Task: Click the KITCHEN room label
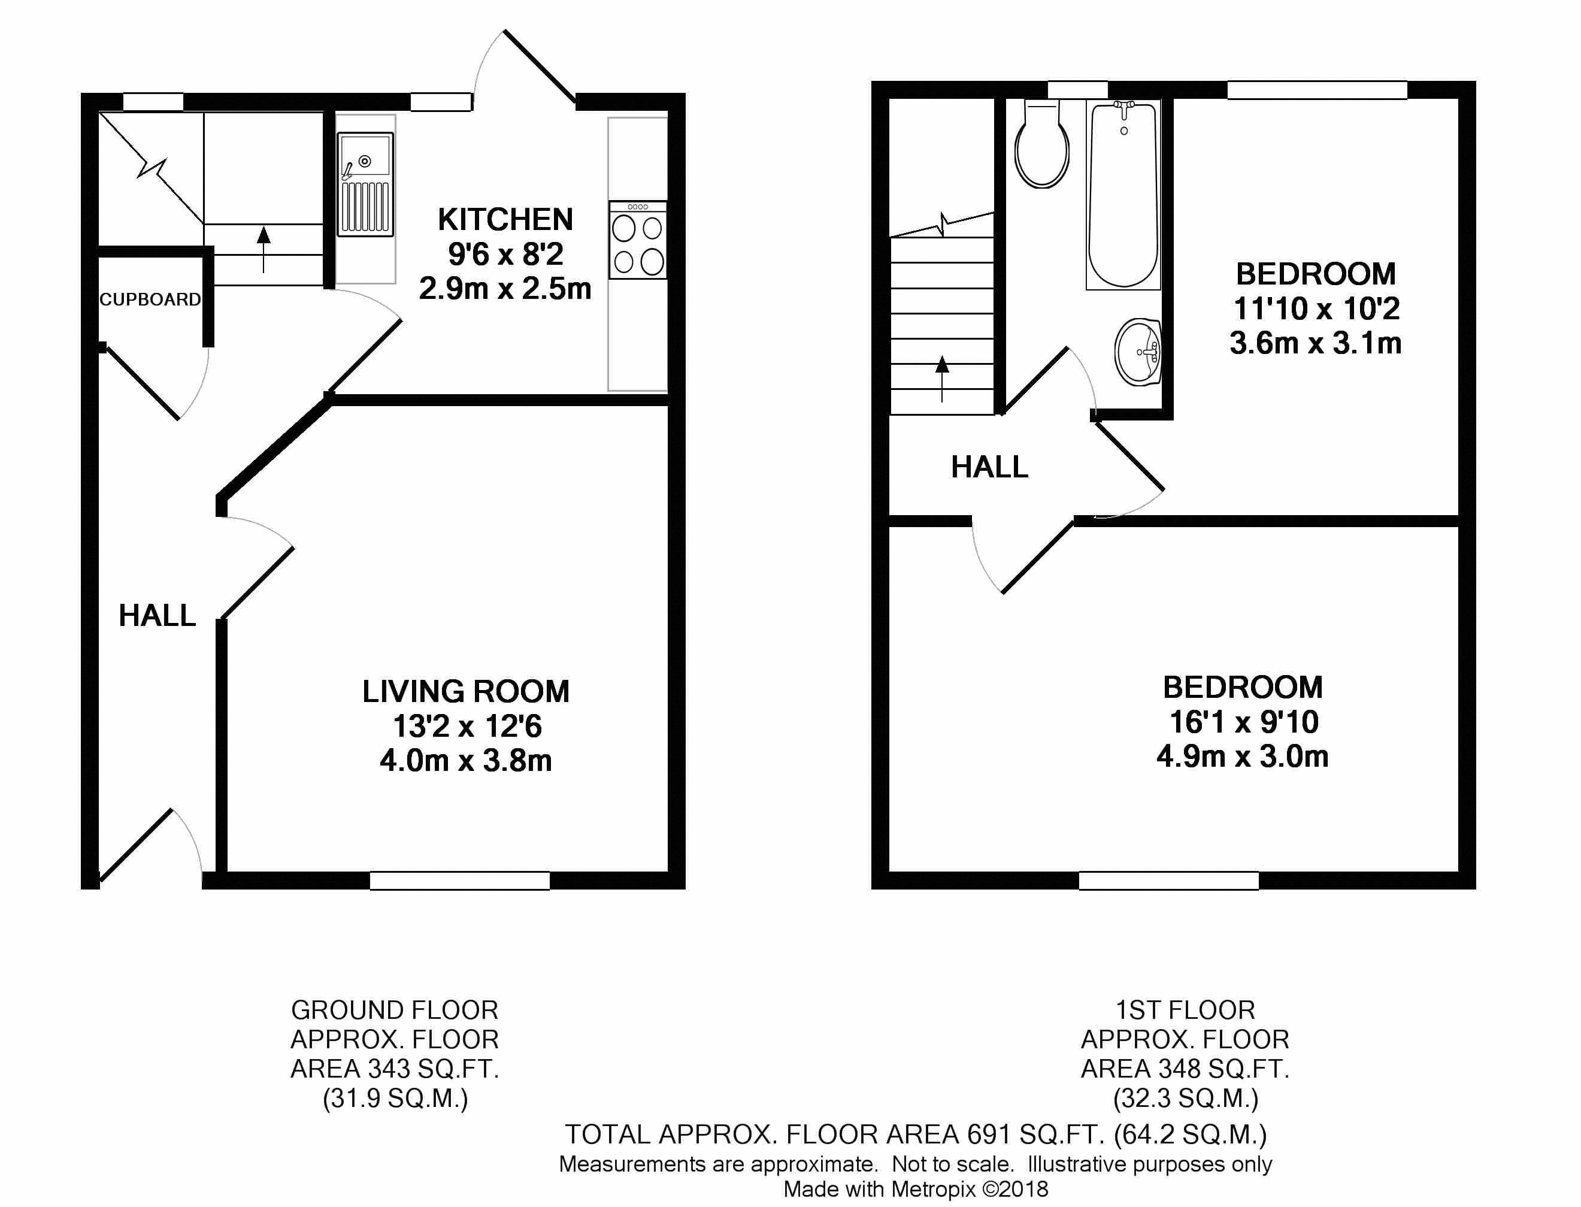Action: [505, 219]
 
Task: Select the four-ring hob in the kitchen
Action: [638, 240]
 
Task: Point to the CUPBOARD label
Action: [150, 300]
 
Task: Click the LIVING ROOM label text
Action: [465, 691]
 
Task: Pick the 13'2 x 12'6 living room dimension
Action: [467, 727]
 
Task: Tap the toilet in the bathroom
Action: [1041, 145]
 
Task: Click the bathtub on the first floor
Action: [1123, 195]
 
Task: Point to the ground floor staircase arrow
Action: [263, 249]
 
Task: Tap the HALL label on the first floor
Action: [990, 468]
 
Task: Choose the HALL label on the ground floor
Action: [158, 616]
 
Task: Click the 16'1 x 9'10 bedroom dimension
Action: [1244, 722]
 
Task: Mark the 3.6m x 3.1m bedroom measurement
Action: [1315, 343]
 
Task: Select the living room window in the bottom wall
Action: [460, 880]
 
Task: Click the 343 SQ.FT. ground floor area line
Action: [395, 1069]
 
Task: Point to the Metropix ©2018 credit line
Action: [916, 1189]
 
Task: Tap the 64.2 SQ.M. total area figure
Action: [1190, 1135]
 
